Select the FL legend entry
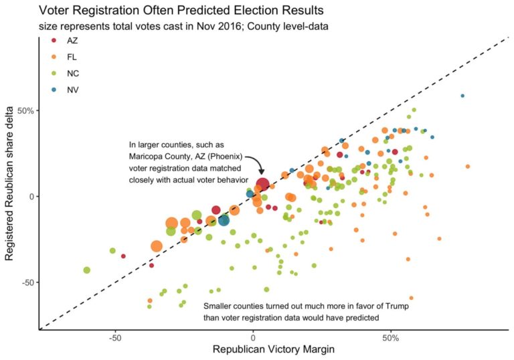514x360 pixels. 62,57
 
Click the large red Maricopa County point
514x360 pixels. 262,185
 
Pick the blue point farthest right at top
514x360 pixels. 462,96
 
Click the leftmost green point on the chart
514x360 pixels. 86,270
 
